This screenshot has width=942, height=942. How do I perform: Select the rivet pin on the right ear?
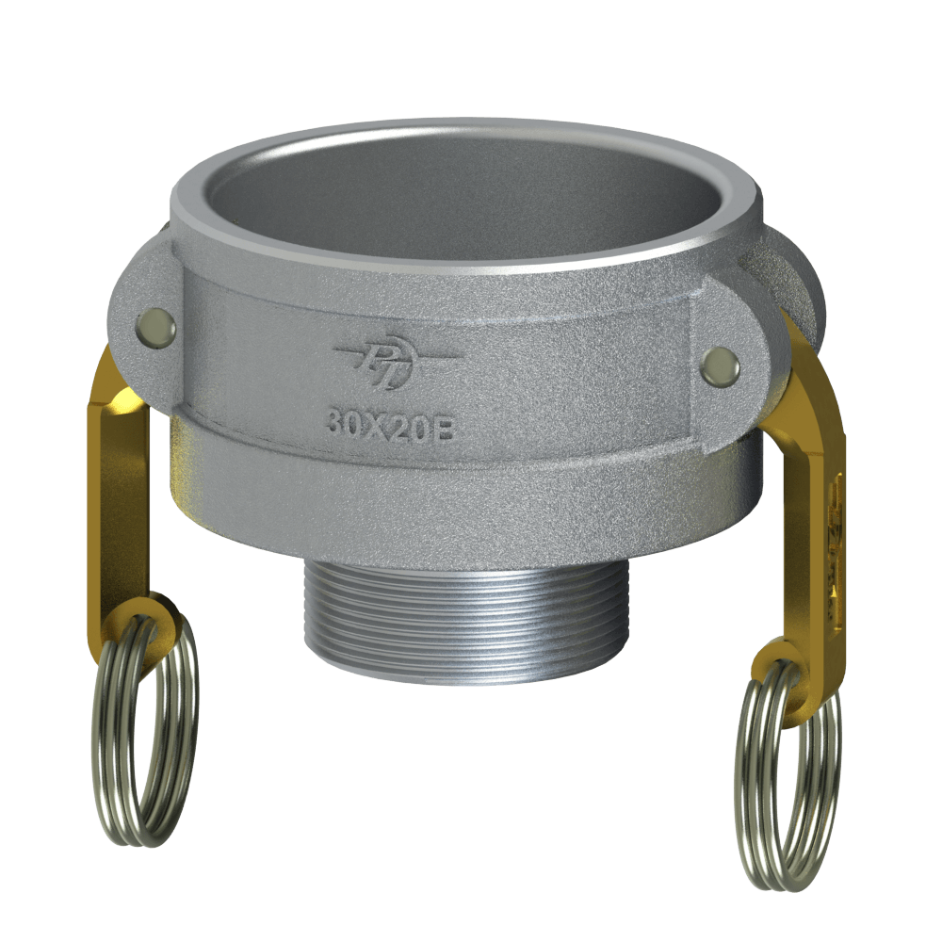coord(721,365)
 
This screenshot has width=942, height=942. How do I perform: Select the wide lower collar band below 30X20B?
coord(452,495)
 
